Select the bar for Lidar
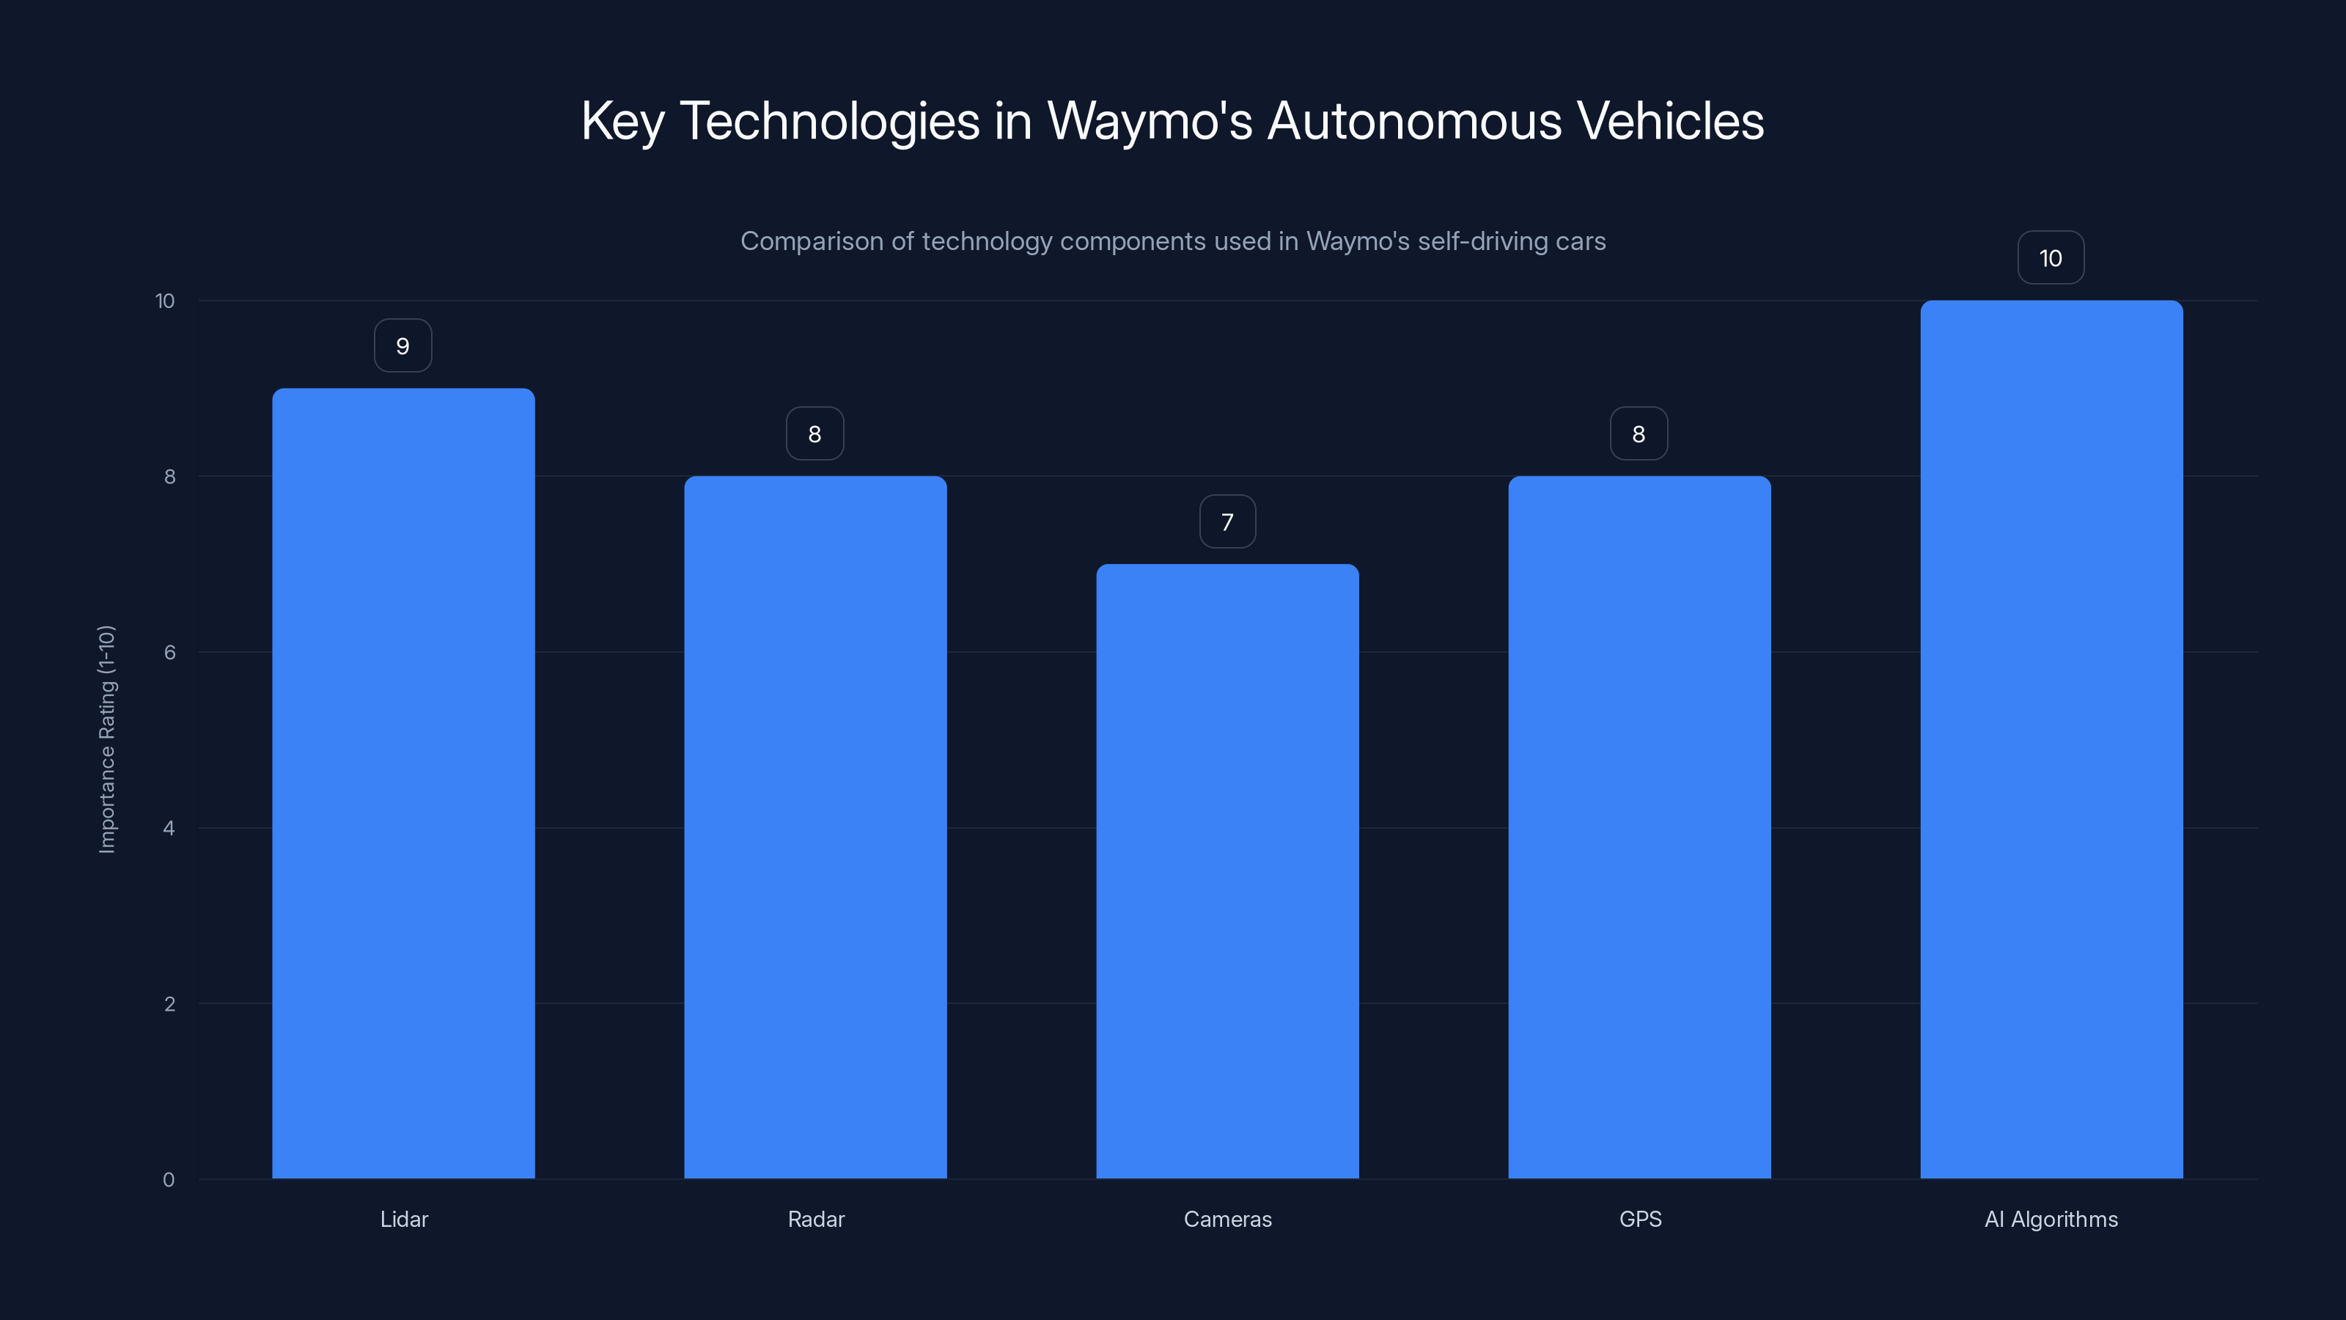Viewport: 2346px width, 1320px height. tap(403, 783)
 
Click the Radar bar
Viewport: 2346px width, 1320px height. tap(815, 827)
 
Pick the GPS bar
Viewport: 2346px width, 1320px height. tap(1639, 827)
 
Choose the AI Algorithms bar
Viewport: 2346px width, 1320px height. tap(2051, 740)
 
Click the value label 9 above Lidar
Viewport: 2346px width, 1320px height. tap(402, 346)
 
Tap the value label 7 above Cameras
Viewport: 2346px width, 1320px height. tap(1227, 522)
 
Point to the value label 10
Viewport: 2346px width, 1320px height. tap(2050, 259)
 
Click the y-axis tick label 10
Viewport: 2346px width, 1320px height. tap(165, 301)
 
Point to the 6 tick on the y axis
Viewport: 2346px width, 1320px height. tap(169, 652)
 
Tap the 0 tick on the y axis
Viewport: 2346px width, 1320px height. tap(169, 1180)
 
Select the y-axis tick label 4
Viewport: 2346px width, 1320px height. tap(169, 828)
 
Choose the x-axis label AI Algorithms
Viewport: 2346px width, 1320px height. tap(2051, 1219)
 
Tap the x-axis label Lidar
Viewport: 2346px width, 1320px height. tap(403, 1219)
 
